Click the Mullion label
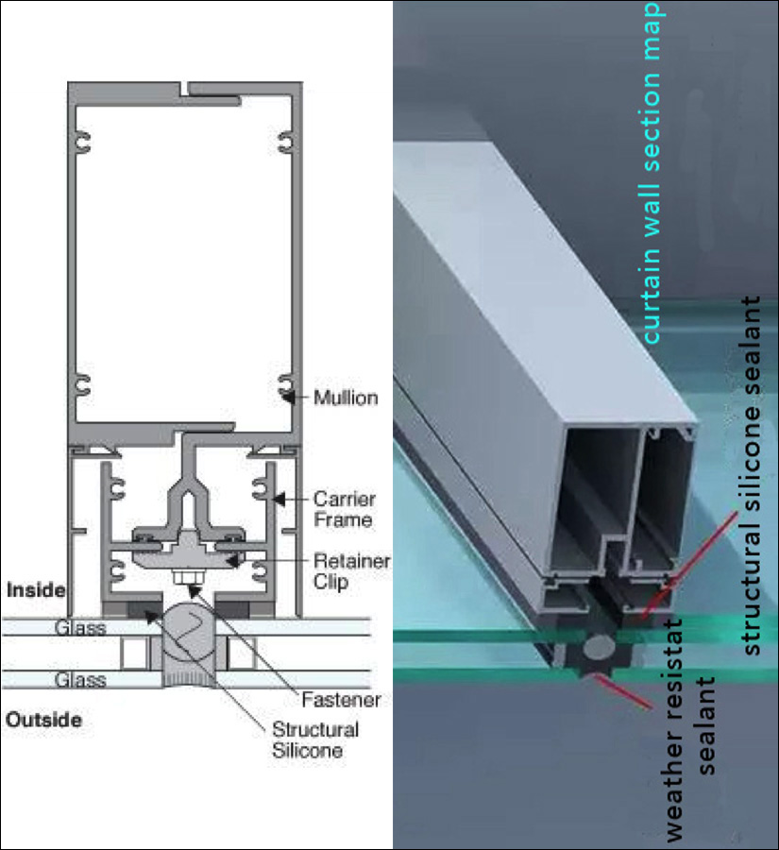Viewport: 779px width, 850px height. click(347, 398)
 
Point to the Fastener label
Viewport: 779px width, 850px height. click(341, 700)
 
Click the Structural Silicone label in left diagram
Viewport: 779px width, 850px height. click(315, 740)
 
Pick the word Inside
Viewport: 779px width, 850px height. click(36, 590)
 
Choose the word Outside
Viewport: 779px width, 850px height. click(43, 720)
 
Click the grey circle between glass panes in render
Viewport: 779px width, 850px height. click(599, 648)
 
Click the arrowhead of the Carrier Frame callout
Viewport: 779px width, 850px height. click(278, 497)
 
